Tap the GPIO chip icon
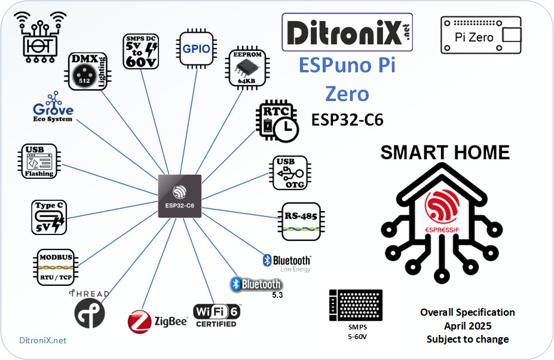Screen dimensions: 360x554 click(196, 50)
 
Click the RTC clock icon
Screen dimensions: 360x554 click(278, 120)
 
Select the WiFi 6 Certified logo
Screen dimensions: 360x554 click(216, 315)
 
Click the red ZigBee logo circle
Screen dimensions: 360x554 click(139, 322)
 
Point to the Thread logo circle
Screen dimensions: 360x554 click(90, 313)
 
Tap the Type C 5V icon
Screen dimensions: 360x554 click(49, 217)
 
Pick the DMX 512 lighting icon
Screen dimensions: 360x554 click(87, 71)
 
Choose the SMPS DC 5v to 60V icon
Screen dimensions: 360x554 click(140, 50)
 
